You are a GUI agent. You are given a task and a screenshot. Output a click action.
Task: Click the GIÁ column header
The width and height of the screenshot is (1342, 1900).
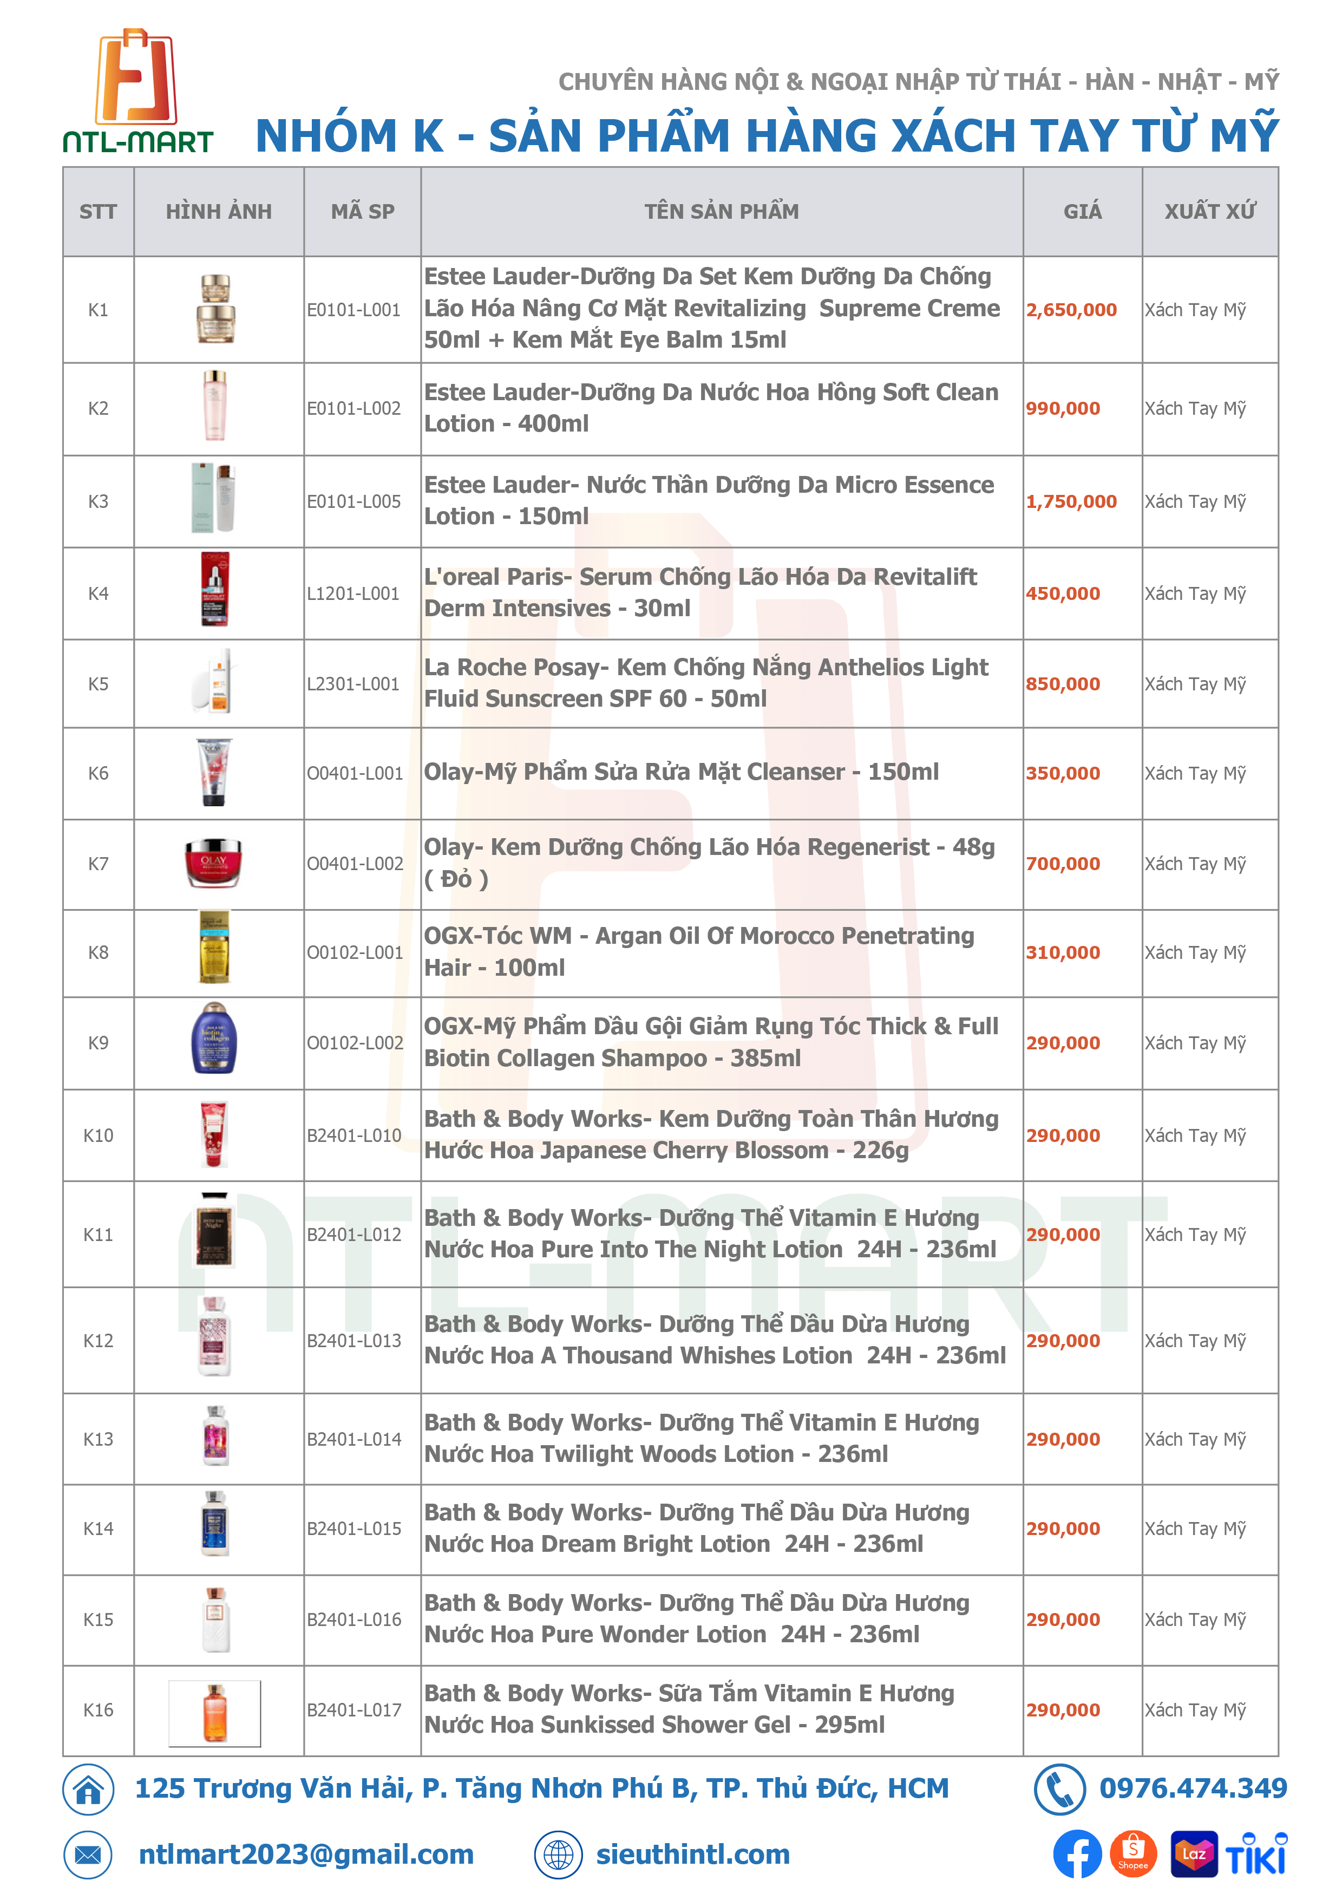point(1082,212)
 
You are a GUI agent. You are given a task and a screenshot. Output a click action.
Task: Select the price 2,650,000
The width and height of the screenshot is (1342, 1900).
point(1071,310)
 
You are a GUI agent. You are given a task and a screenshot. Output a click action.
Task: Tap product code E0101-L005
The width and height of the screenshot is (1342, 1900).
point(353,501)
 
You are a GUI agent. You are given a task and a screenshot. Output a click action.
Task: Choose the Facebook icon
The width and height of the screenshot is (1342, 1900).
point(1076,1855)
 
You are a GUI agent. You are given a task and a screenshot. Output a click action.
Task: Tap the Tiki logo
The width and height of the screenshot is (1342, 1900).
point(1255,1855)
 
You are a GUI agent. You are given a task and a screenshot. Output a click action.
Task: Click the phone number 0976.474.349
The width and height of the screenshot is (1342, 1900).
point(1192,1788)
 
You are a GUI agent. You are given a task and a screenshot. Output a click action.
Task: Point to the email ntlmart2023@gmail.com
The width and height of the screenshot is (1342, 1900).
point(306,1855)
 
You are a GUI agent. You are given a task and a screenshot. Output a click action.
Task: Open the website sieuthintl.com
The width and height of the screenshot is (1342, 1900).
point(692,1855)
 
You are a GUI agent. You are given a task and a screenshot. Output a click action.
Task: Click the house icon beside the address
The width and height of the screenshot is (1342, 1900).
point(88,1789)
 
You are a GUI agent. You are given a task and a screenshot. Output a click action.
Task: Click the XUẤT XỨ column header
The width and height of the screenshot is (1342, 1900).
point(1209,212)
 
